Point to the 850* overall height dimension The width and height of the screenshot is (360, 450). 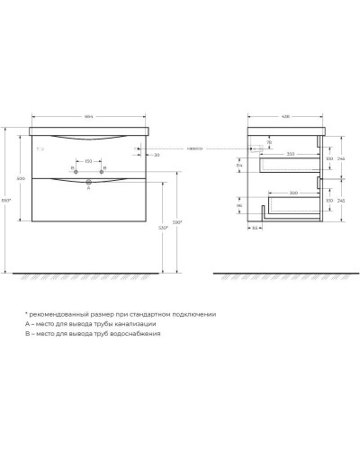(x=7, y=199)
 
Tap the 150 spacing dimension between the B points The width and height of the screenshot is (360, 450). (x=88, y=161)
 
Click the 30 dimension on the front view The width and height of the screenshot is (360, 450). (x=156, y=155)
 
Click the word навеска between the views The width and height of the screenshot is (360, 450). (x=195, y=148)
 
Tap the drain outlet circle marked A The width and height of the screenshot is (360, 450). (x=88, y=184)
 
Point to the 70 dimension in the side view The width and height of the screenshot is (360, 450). (x=268, y=141)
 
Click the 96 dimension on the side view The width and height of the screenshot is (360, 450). (x=238, y=206)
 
